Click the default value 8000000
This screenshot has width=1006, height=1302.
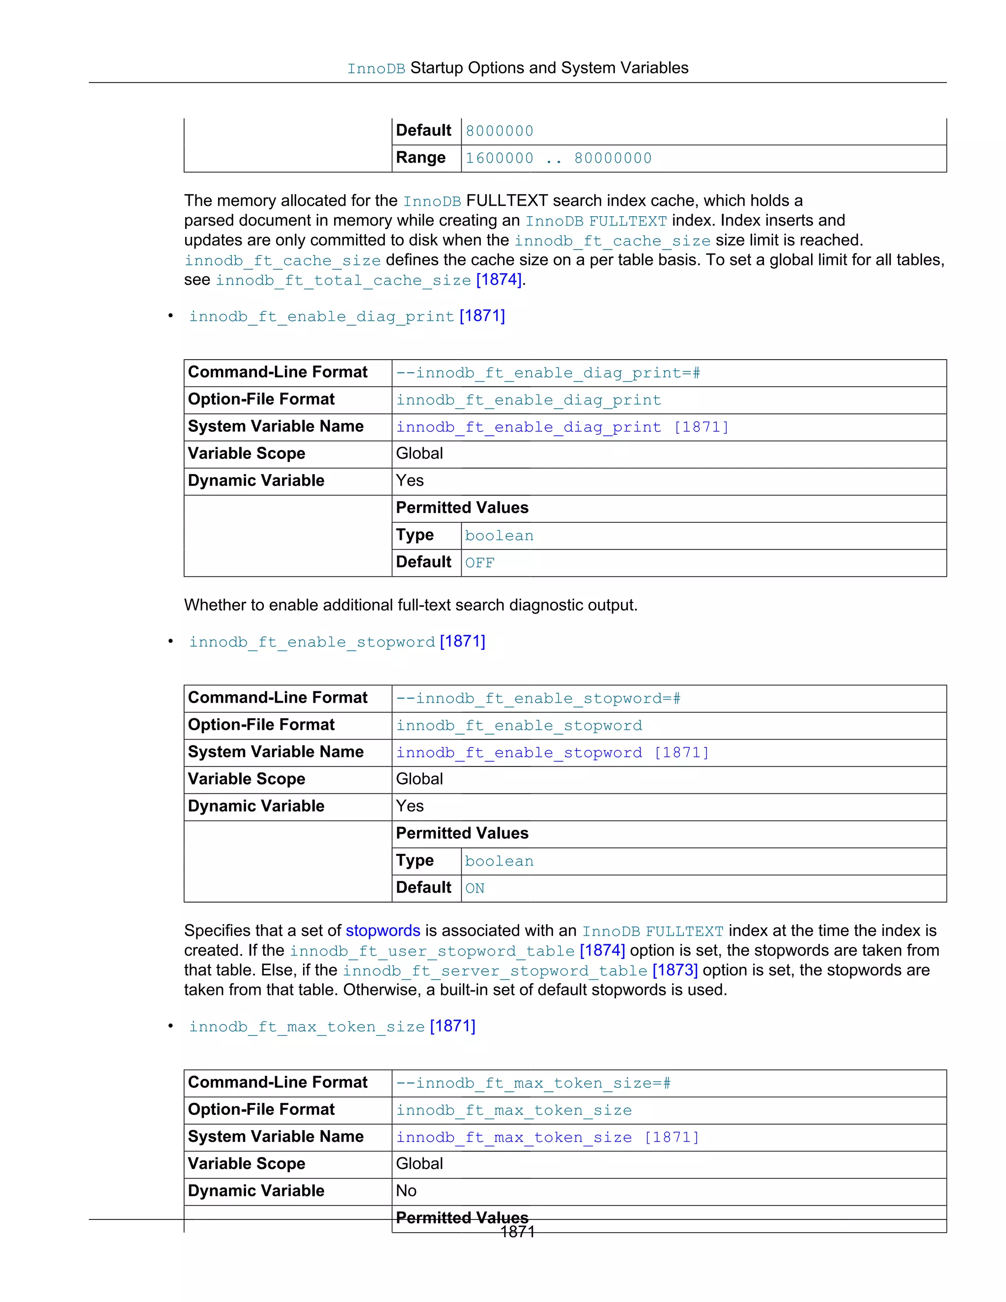click(500, 131)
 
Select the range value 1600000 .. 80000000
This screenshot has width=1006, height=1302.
click(559, 159)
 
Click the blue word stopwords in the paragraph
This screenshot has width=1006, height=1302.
click(383, 931)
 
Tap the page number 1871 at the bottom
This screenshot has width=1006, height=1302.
click(517, 1232)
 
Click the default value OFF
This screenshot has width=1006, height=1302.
click(480, 563)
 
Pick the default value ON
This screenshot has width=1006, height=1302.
click(475, 888)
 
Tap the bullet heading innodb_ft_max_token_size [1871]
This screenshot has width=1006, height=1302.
click(332, 1026)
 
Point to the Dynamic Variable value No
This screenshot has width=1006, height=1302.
click(406, 1190)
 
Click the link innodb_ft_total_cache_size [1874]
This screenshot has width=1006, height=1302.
click(369, 280)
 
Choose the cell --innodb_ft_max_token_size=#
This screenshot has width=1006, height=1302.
click(533, 1082)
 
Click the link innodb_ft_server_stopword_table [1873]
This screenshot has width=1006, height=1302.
click(520, 970)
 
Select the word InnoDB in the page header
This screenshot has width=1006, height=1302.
click(376, 69)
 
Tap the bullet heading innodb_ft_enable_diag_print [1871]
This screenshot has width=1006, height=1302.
click(347, 316)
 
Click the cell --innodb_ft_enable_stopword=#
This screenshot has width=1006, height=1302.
click(538, 698)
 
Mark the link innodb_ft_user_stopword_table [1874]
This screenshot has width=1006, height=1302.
click(457, 951)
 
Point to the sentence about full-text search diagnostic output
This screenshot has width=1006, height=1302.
click(411, 605)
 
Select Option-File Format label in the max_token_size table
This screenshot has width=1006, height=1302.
click(261, 1109)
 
